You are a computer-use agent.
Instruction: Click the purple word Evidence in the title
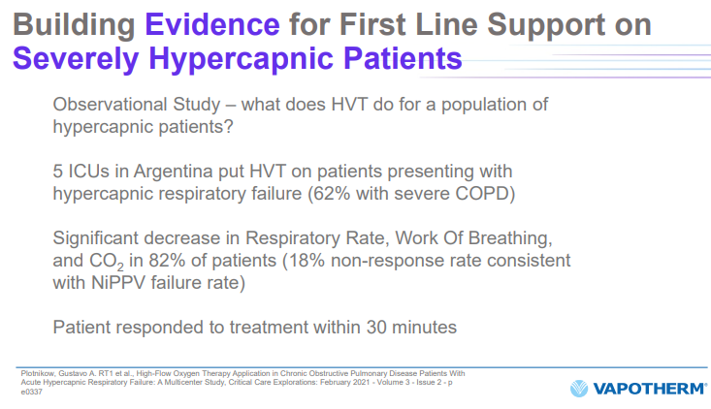coord(212,24)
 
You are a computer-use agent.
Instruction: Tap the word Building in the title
coord(74,25)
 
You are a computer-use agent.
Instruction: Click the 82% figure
coord(167,261)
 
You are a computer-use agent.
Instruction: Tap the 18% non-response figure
coord(307,261)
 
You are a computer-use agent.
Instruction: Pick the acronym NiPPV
coord(118,283)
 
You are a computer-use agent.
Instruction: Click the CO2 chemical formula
coord(106,262)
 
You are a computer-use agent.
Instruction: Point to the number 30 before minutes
coord(376,327)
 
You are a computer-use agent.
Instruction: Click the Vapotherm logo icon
coord(578,389)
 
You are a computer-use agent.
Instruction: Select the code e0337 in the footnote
coord(31,392)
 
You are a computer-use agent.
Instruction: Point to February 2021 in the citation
coord(347,382)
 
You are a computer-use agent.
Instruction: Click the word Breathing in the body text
coord(510,238)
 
